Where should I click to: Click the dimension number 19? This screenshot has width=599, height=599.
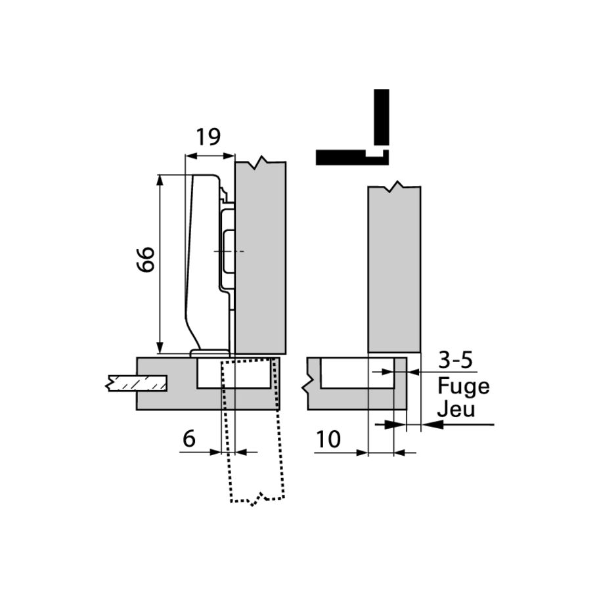(x=208, y=137)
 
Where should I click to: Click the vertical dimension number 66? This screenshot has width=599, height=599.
(x=145, y=260)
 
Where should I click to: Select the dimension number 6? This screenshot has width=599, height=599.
(x=189, y=439)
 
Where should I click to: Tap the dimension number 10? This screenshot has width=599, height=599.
(x=327, y=439)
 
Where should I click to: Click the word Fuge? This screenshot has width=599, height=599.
(x=464, y=386)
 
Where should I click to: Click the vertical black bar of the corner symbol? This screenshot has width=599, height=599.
(x=382, y=117)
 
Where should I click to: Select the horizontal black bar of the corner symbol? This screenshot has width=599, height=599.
(x=342, y=157)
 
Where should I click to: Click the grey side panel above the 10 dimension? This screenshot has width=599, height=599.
(x=393, y=269)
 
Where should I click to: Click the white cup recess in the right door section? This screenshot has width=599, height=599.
(x=357, y=373)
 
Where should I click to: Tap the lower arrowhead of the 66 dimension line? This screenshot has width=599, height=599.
(x=160, y=349)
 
